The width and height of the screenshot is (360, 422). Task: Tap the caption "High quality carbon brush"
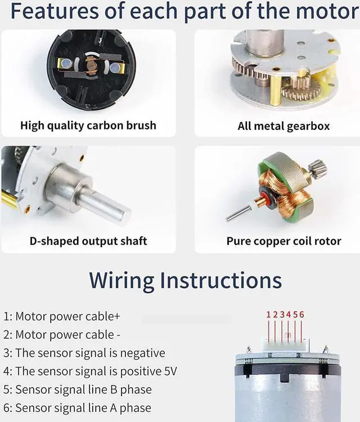pyautogui.click(x=88, y=125)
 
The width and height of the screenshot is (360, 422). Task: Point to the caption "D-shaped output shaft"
pyautogui.click(x=88, y=241)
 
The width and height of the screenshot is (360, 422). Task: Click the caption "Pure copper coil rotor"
pyautogui.click(x=283, y=241)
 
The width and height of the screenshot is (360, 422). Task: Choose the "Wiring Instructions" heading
pyautogui.click(x=185, y=280)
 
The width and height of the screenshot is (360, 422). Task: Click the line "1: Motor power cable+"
pyautogui.click(x=62, y=316)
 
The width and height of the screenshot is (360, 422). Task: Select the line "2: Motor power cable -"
pyautogui.click(x=62, y=335)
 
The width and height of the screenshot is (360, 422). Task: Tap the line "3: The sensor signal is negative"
pyautogui.click(x=84, y=353)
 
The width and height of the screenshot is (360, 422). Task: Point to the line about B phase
pyautogui.click(x=78, y=389)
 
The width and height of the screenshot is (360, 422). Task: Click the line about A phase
pyautogui.click(x=78, y=407)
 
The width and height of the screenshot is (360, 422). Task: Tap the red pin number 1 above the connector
pyautogui.click(x=269, y=315)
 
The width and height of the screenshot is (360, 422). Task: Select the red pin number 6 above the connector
pyautogui.click(x=302, y=315)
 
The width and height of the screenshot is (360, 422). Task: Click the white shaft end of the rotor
pyautogui.click(x=235, y=214)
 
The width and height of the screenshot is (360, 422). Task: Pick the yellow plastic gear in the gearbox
pyautogui.click(x=321, y=84)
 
